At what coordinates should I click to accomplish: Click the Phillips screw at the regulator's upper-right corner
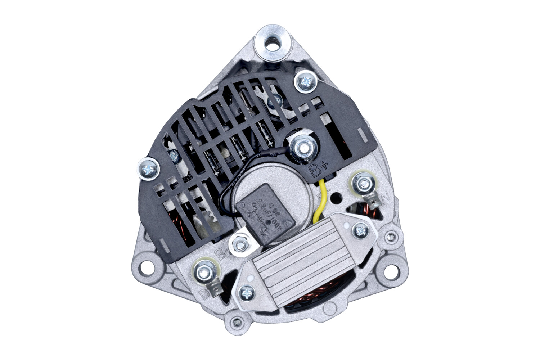pyautogui.click(x=360, y=229)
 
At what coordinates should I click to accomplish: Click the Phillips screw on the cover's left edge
pyautogui.click(x=149, y=168)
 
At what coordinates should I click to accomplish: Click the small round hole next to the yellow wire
pyautogui.click(x=337, y=197)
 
